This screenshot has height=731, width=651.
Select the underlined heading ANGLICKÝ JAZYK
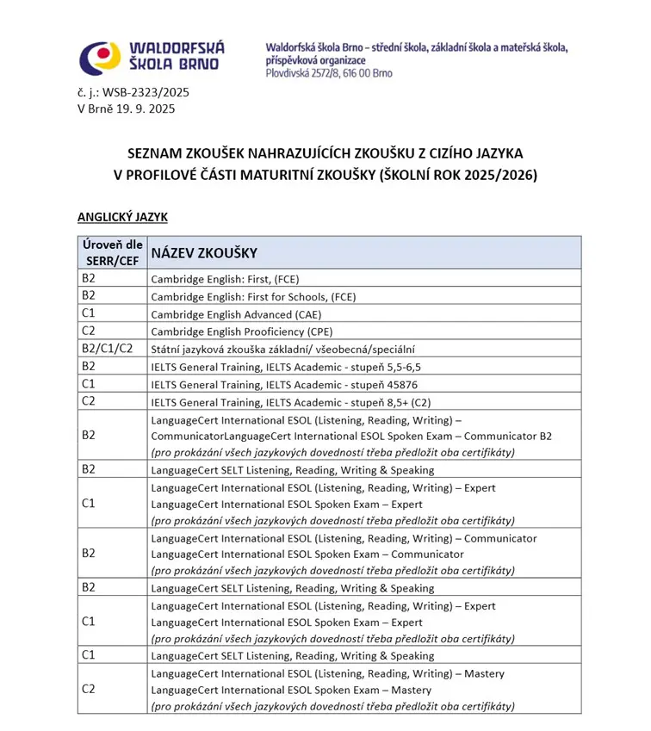(121, 218)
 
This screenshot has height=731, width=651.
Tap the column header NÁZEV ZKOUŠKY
(203, 253)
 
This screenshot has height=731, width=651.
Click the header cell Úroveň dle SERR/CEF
(112, 252)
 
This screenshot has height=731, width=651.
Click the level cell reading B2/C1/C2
(107, 348)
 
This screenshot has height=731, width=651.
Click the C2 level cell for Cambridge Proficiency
(88, 331)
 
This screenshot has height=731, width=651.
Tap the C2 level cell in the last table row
(88, 689)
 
